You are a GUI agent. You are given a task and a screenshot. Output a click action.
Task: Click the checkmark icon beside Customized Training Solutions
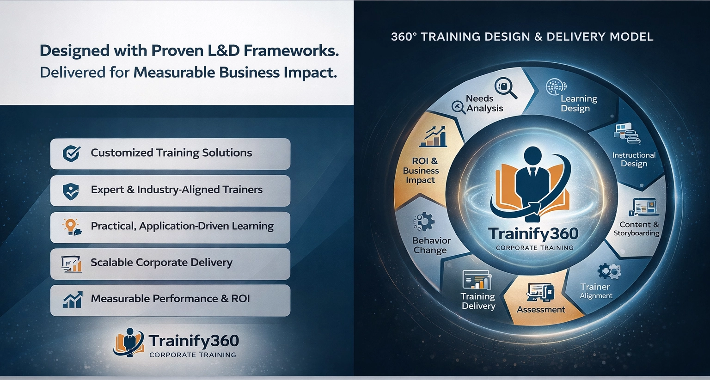coord(71,154)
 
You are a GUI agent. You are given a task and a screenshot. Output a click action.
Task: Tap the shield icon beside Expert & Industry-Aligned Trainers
coord(71,191)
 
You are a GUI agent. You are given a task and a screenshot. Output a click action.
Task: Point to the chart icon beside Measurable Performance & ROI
coord(73,300)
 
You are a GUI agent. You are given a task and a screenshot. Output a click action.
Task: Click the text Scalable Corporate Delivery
coord(161,263)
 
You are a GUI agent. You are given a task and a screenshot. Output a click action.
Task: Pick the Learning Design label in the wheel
coord(579,103)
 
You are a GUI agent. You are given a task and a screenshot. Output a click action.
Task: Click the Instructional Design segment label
coord(634,159)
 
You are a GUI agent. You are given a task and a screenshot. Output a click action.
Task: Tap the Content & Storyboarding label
coord(637,229)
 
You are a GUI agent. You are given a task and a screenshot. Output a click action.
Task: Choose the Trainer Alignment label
coord(596,291)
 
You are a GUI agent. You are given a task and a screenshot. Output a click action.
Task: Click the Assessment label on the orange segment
coord(541,309)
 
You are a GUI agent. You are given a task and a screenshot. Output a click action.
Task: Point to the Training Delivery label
coord(478,301)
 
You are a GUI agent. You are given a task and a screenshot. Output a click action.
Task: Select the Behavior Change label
coord(431,245)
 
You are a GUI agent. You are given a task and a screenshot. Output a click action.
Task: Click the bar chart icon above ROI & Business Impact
coord(433,136)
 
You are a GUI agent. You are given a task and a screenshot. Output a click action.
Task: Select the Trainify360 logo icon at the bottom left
coord(129,343)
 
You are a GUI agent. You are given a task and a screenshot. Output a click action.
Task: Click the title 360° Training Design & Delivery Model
coord(522,37)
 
